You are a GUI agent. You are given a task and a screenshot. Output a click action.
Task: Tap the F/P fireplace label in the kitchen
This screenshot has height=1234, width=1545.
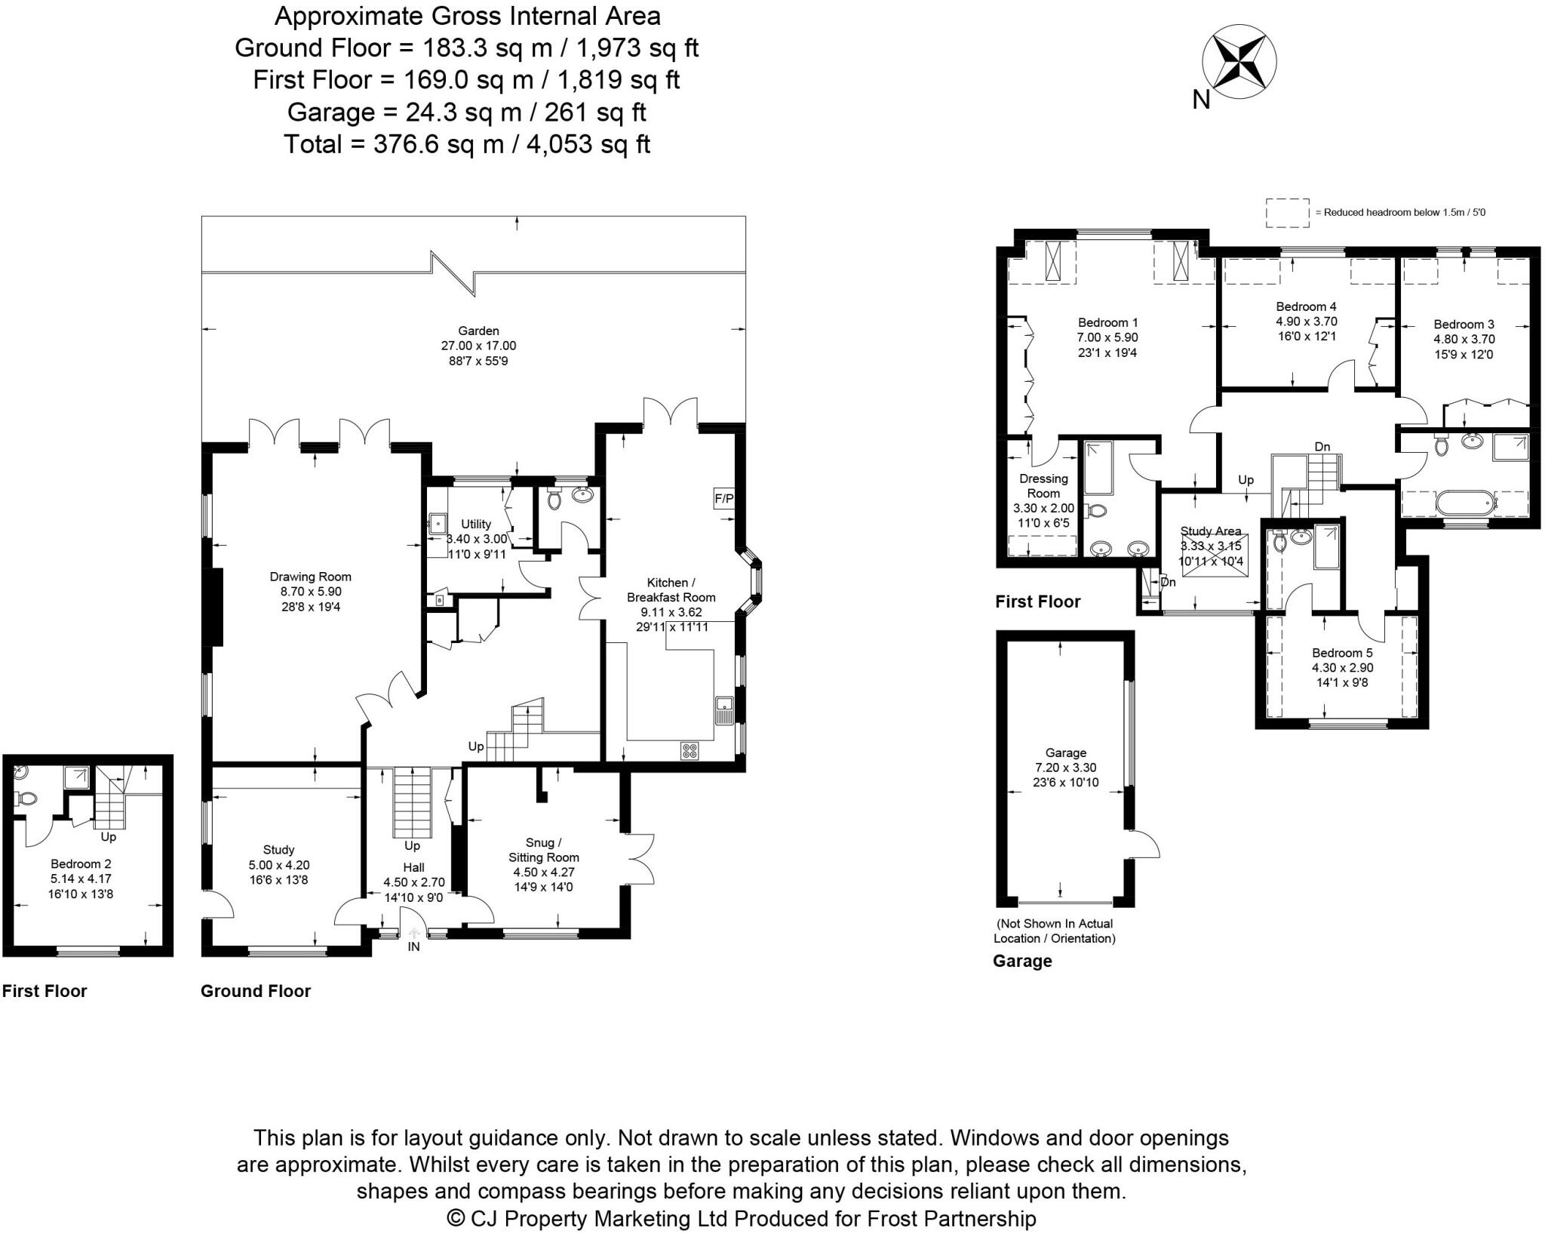pos(723,499)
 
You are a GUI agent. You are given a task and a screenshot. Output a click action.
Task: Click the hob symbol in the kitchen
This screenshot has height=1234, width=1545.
pos(690,750)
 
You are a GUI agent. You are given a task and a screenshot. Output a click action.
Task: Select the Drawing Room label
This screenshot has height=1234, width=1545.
pos(310,577)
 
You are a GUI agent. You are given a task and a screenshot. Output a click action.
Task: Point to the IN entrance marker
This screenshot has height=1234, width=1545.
pos(413,946)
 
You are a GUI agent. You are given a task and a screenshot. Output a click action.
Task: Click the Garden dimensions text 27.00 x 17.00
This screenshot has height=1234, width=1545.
pos(478,346)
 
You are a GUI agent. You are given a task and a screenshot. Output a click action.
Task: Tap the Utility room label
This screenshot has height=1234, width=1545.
pos(476,524)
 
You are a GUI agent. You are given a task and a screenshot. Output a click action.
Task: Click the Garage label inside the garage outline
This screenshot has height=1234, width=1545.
pos(1065,752)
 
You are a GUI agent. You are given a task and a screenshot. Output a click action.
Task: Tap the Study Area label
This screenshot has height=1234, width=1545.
pos(1210,531)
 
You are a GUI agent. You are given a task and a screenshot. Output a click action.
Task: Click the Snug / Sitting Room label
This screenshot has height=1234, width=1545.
pos(543,849)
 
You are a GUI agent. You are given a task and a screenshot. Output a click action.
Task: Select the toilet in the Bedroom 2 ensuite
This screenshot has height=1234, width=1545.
pos(26,798)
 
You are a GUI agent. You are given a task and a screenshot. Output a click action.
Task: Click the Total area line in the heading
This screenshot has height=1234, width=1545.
pos(466,144)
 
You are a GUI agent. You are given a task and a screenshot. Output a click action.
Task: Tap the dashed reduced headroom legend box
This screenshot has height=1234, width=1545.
pos(1287,212)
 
